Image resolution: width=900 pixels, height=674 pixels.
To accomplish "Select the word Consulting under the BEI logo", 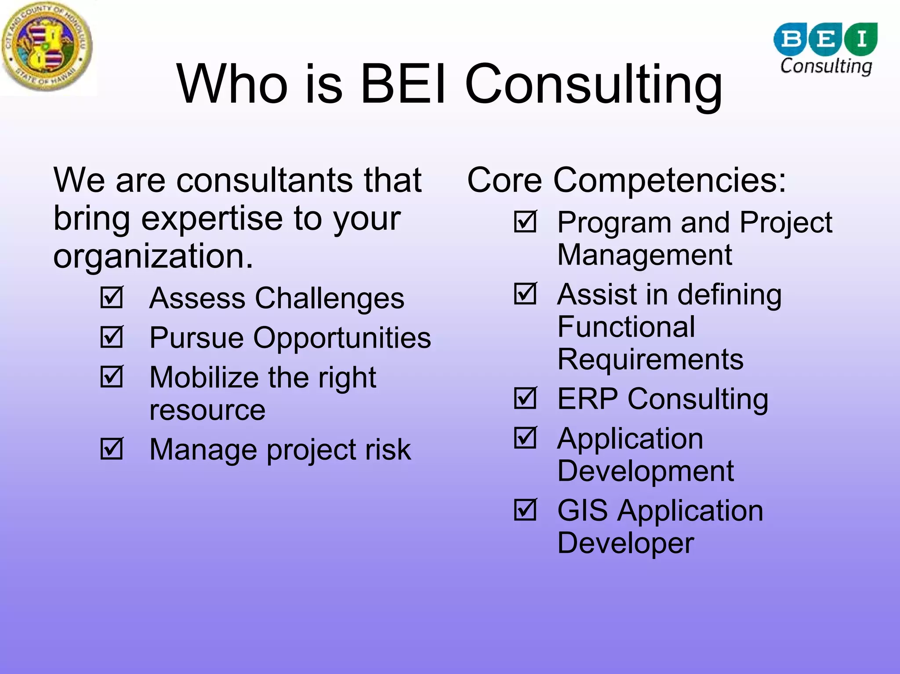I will (x=826, y=66).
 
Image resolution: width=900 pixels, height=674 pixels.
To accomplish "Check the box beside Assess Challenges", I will (x=112, y=298).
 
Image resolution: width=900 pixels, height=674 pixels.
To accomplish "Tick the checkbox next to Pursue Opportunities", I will (x=112, y=337).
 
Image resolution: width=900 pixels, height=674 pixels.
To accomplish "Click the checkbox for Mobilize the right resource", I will (x=112, y=377).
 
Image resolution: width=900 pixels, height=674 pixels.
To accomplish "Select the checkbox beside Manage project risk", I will (x=112, y=449).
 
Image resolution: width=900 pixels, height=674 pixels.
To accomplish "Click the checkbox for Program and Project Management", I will (x=525, y=222).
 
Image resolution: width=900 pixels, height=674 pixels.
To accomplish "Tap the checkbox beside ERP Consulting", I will (x=525, y=399).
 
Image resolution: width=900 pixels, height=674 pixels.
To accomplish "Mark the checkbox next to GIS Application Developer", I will (x=525, y=510).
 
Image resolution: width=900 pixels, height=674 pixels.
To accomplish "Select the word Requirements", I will (x=650, y=359).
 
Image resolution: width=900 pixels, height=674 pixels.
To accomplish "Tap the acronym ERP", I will (x=588, y=399).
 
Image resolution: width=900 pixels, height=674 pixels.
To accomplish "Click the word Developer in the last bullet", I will (x=625, y=543).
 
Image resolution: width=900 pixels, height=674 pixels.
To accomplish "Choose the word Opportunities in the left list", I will (x=342, y=338).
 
